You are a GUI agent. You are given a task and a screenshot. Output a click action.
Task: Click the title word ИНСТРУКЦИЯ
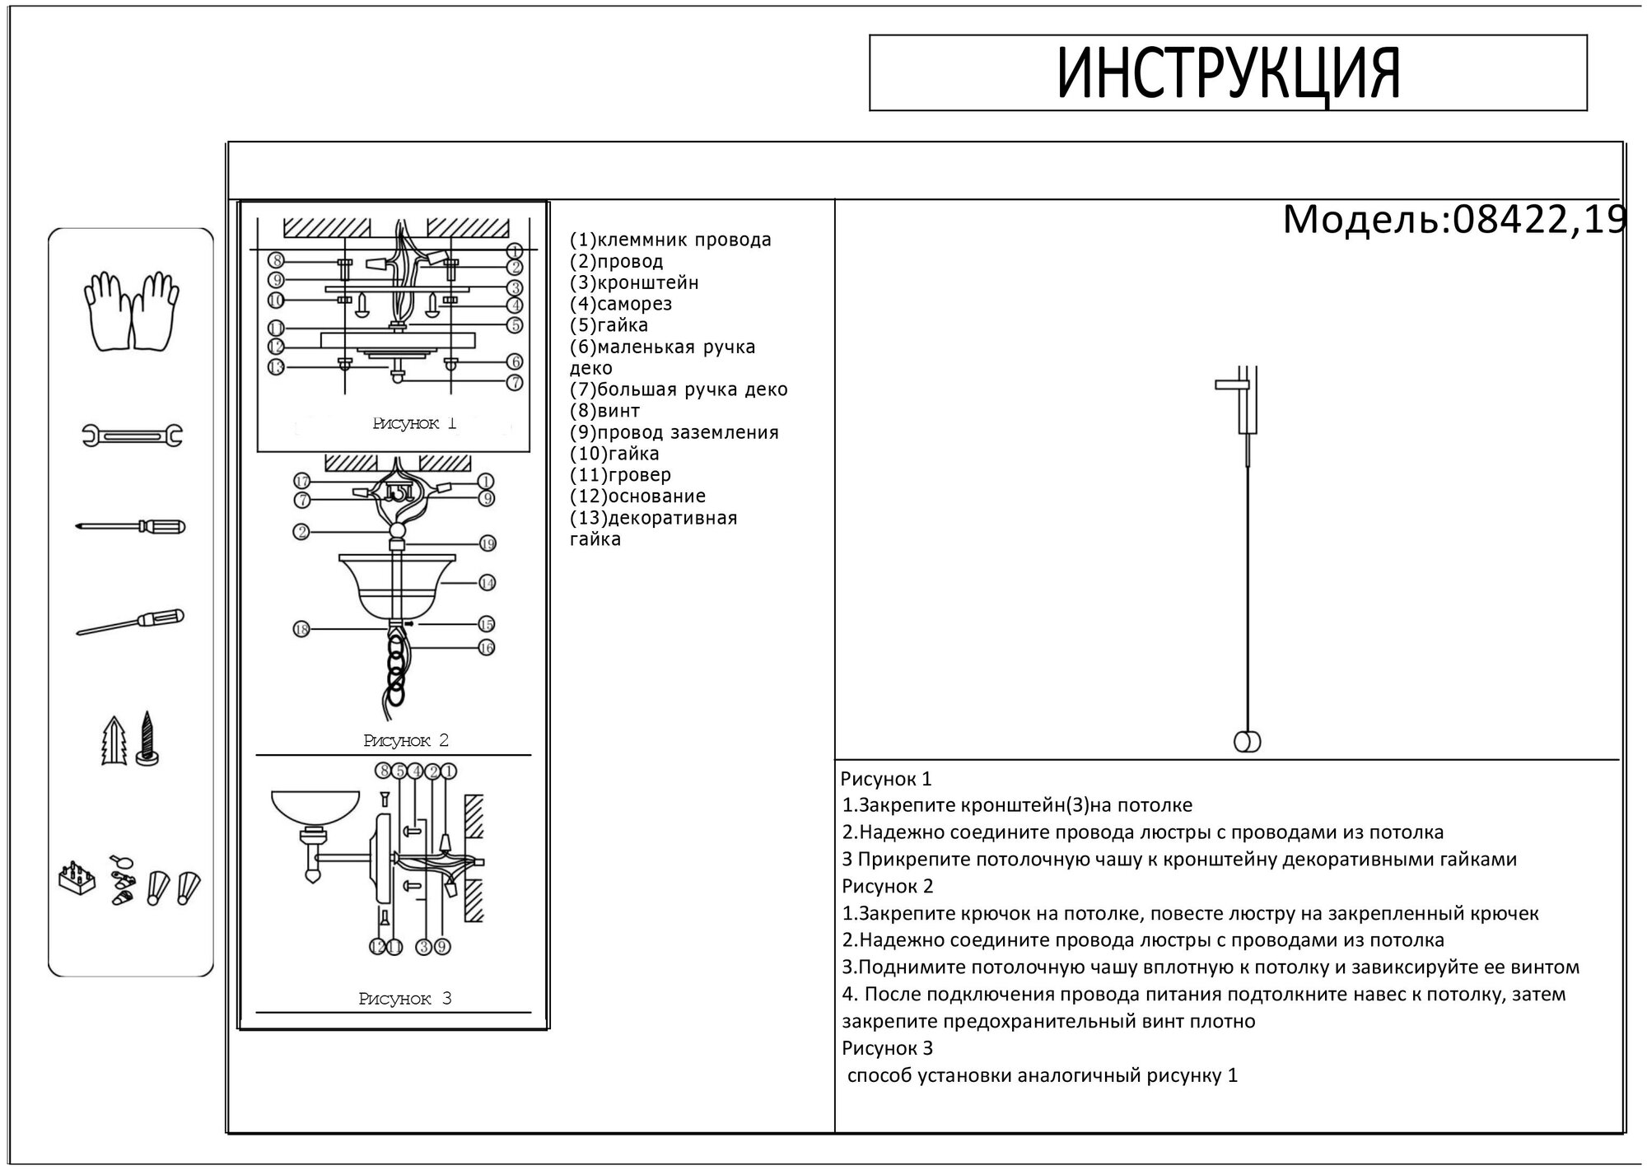[x=1228, y=73]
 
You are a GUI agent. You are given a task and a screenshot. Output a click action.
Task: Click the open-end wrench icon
[x=132, y=435]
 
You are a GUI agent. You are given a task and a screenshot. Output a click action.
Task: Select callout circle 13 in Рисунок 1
[x=276, y=366]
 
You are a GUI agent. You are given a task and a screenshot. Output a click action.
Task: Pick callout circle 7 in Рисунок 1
[x=515, y=382]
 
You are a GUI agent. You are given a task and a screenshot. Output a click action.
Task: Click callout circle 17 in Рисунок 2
[x=302, y=481]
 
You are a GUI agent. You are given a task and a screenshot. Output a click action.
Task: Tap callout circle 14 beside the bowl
[x=487, y=583]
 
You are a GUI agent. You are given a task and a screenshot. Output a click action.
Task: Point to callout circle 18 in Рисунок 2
[x=301, y=629]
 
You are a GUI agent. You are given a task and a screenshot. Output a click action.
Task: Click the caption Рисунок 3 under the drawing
[x=405, y=1000]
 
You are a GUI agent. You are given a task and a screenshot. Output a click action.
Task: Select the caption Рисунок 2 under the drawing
[x=406, y=741]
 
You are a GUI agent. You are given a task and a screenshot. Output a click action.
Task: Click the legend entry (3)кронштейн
[x=634, y=282]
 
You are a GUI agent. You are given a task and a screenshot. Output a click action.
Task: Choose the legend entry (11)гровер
[x=620, y=475]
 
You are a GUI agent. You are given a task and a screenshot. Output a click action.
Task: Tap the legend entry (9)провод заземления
[x=674, y=432]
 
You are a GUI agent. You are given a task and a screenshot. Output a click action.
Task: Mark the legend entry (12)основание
[x=637, y=496]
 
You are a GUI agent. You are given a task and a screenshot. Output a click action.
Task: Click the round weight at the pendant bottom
[x=1247, y=742]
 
